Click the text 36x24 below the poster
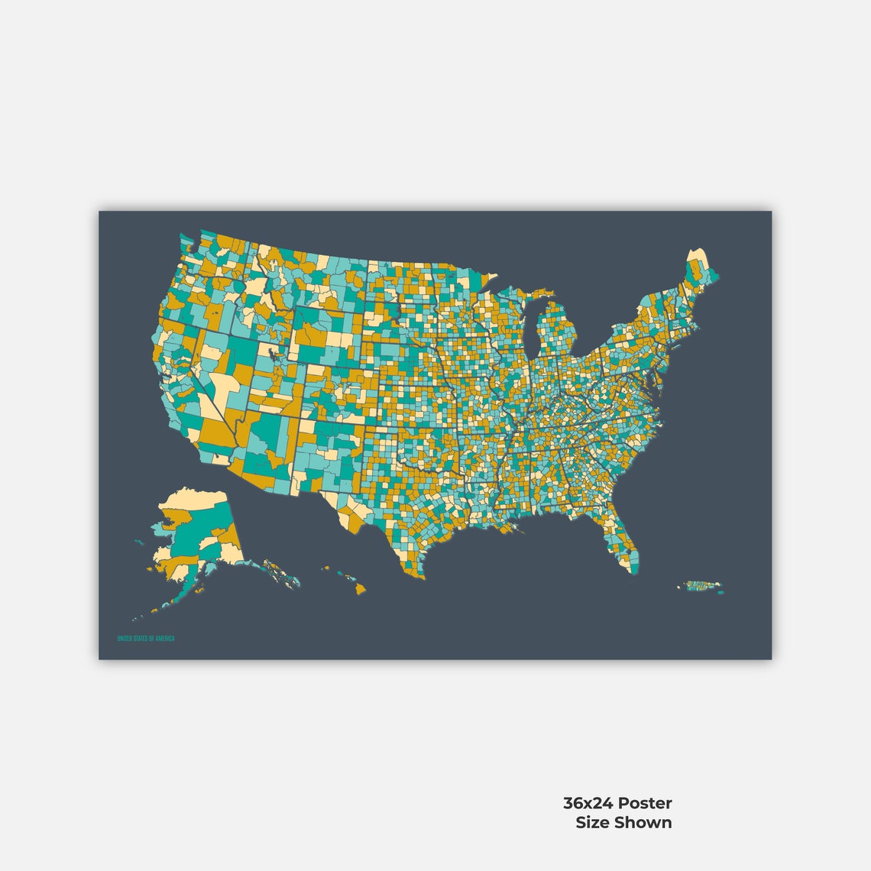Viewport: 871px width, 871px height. [588, 803]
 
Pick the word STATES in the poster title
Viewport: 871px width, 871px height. [141, 639]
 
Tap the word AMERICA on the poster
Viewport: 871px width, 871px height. [164, 639]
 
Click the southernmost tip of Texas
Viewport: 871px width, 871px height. [419, 577]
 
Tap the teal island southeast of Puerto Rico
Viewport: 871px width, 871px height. [719, 589]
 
